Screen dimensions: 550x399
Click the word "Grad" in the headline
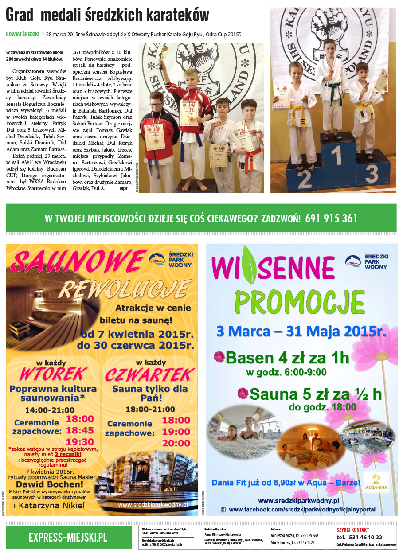click(20, 16)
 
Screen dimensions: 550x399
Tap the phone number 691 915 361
click(331, 218)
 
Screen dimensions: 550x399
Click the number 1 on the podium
click(338, 156)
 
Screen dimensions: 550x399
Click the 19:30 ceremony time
click(80, 441)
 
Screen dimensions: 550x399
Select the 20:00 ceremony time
click(176, 443)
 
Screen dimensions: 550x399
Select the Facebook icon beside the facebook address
click(224, 510)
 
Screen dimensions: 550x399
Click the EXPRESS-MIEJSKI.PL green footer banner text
click(68, 537)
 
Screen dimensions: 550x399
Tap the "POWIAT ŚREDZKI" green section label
click(22, 34)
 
